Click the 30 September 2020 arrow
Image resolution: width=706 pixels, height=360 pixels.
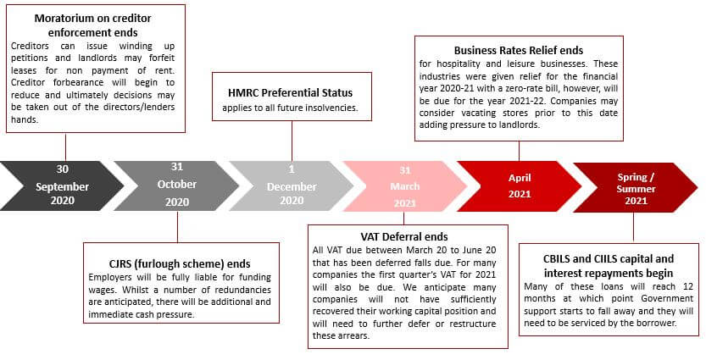(x=62, y=186)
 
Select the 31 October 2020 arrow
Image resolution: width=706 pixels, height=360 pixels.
(x=176, y=186)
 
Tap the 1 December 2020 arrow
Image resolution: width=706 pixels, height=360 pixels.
(x=292, y=186)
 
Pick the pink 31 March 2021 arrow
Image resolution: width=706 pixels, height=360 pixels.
(x=405, y=186)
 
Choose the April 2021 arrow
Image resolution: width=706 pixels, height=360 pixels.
(x=520, y=186)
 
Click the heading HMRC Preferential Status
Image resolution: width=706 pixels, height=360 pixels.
(x=291, y=92)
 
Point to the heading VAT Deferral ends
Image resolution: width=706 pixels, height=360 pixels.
(x=404, y=236)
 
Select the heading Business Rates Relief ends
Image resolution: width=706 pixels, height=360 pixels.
(x=518, y=51)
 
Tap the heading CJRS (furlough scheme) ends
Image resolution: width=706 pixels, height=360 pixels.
(x=180, y=263)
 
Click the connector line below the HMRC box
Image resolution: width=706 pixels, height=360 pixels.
(x=292, y=141)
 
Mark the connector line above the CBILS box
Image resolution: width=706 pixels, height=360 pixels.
(x=633, y=227)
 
